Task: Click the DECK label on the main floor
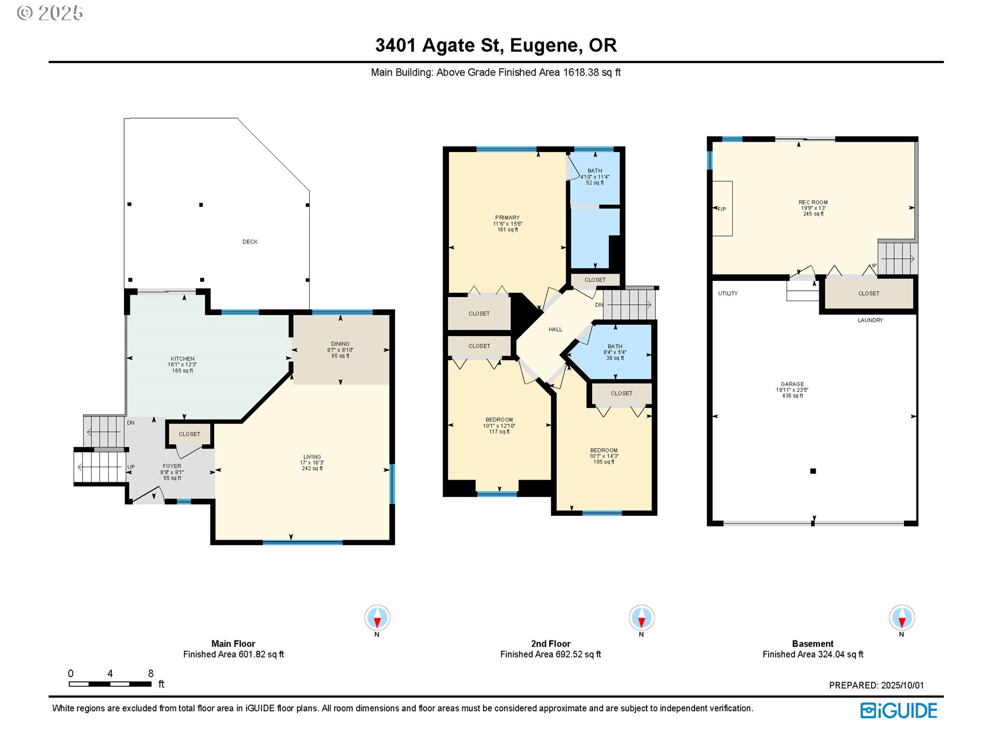pos(250,242)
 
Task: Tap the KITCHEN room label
pos(183,359)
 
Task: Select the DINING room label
pos(340,344)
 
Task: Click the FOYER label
pos(172,466)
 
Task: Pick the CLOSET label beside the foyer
pos(189,434)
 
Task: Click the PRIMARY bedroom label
pos(507,218)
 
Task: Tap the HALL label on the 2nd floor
pos(555,329)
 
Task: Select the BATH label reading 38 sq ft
pos(615,347)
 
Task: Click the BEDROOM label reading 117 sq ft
pos(499,420)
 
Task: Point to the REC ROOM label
pos(813,202)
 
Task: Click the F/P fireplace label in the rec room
pos(722,209)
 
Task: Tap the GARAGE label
pos(792,384)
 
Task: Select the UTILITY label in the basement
pos(728,293)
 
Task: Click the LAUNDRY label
pos(870,320)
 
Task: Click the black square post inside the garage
pos(813,471)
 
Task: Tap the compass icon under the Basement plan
pos(901,618)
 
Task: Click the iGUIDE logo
pos(898,710)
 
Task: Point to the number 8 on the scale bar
pos(151,674)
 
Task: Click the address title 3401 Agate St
pos(495,46)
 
